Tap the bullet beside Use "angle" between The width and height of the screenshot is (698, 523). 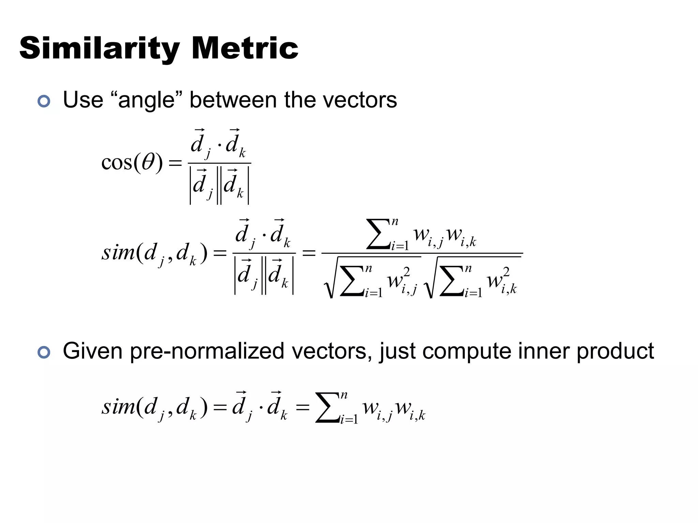coord(44,101)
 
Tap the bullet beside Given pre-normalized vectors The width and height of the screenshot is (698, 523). coord(44,352)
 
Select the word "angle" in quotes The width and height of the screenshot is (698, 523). coord(146,100)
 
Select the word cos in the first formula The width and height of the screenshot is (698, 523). coord(117,162)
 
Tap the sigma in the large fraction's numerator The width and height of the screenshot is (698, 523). coord(378,234)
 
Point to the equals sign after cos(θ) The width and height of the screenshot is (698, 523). coord(175,163)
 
